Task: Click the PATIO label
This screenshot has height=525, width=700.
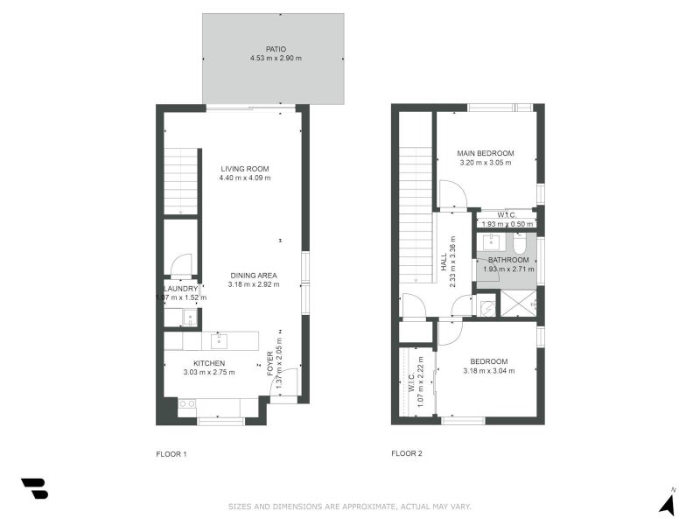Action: pyautogui.click(x=276, y=49)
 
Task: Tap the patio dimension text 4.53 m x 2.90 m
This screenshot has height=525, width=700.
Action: pyautogui.click(x=276, y=59)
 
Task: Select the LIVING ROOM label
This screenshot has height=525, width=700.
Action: pyautogui.click(x=245, y=169)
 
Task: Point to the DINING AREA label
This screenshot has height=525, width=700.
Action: pyautogui.click(x=254, y=275)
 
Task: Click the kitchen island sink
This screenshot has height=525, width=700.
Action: pyautogui.click(x=220, y=340)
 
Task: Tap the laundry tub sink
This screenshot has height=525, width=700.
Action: pyautogui.click(x=189, y=318)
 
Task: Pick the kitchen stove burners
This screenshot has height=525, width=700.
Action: pyautogui.click(x=186, y=403)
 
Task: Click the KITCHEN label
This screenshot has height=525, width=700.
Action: pyautogui.click(x=209, y=363)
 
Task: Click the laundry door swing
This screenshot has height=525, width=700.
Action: pyautogui.click(x=181, y=264)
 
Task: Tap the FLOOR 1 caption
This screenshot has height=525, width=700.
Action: pyautogui.click(x=171, y=453)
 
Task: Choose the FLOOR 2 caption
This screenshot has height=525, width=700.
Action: pyautogui.click(x=407, y=453)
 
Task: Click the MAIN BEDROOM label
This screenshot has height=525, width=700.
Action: pyautogui.click(x=485, y=153)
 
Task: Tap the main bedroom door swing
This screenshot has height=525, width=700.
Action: pyautogui.click(x=452, y=195)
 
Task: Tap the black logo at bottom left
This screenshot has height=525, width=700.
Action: pyautogui.click(x=34, y=488)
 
